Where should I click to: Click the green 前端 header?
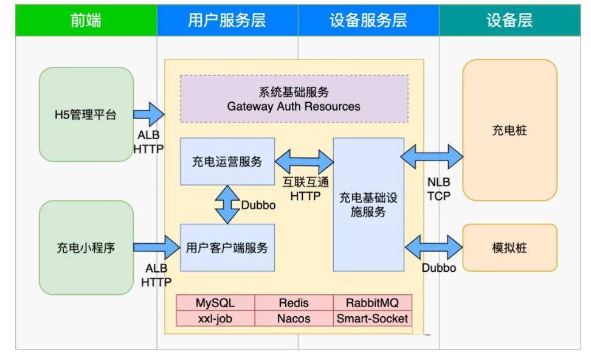pos(86,20)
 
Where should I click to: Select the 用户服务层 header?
pos(227,20)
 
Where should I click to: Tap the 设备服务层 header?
pos(368,20)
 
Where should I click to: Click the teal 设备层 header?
pos(509,20)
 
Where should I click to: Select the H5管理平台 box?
pos(86,114)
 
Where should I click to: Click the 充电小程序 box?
pos(86,248)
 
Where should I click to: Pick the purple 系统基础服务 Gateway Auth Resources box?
pos(294,99)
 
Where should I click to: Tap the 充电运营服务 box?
pos(227,161)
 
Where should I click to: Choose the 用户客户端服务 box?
pos(227,247)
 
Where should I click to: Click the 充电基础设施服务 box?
pos(368,204)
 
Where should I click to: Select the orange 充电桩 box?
pos(510,130)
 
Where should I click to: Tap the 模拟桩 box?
pos(510,247)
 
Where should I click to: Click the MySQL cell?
pos(215,303)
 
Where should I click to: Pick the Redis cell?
pos(294,303)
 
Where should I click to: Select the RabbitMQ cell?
pos(372,303)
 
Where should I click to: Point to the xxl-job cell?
pos(215,319)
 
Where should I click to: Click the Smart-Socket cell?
pos(372,319)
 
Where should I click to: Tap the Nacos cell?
pos(294,319)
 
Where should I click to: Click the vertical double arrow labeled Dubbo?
pos(227,205)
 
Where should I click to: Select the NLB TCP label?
pos(438,189)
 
